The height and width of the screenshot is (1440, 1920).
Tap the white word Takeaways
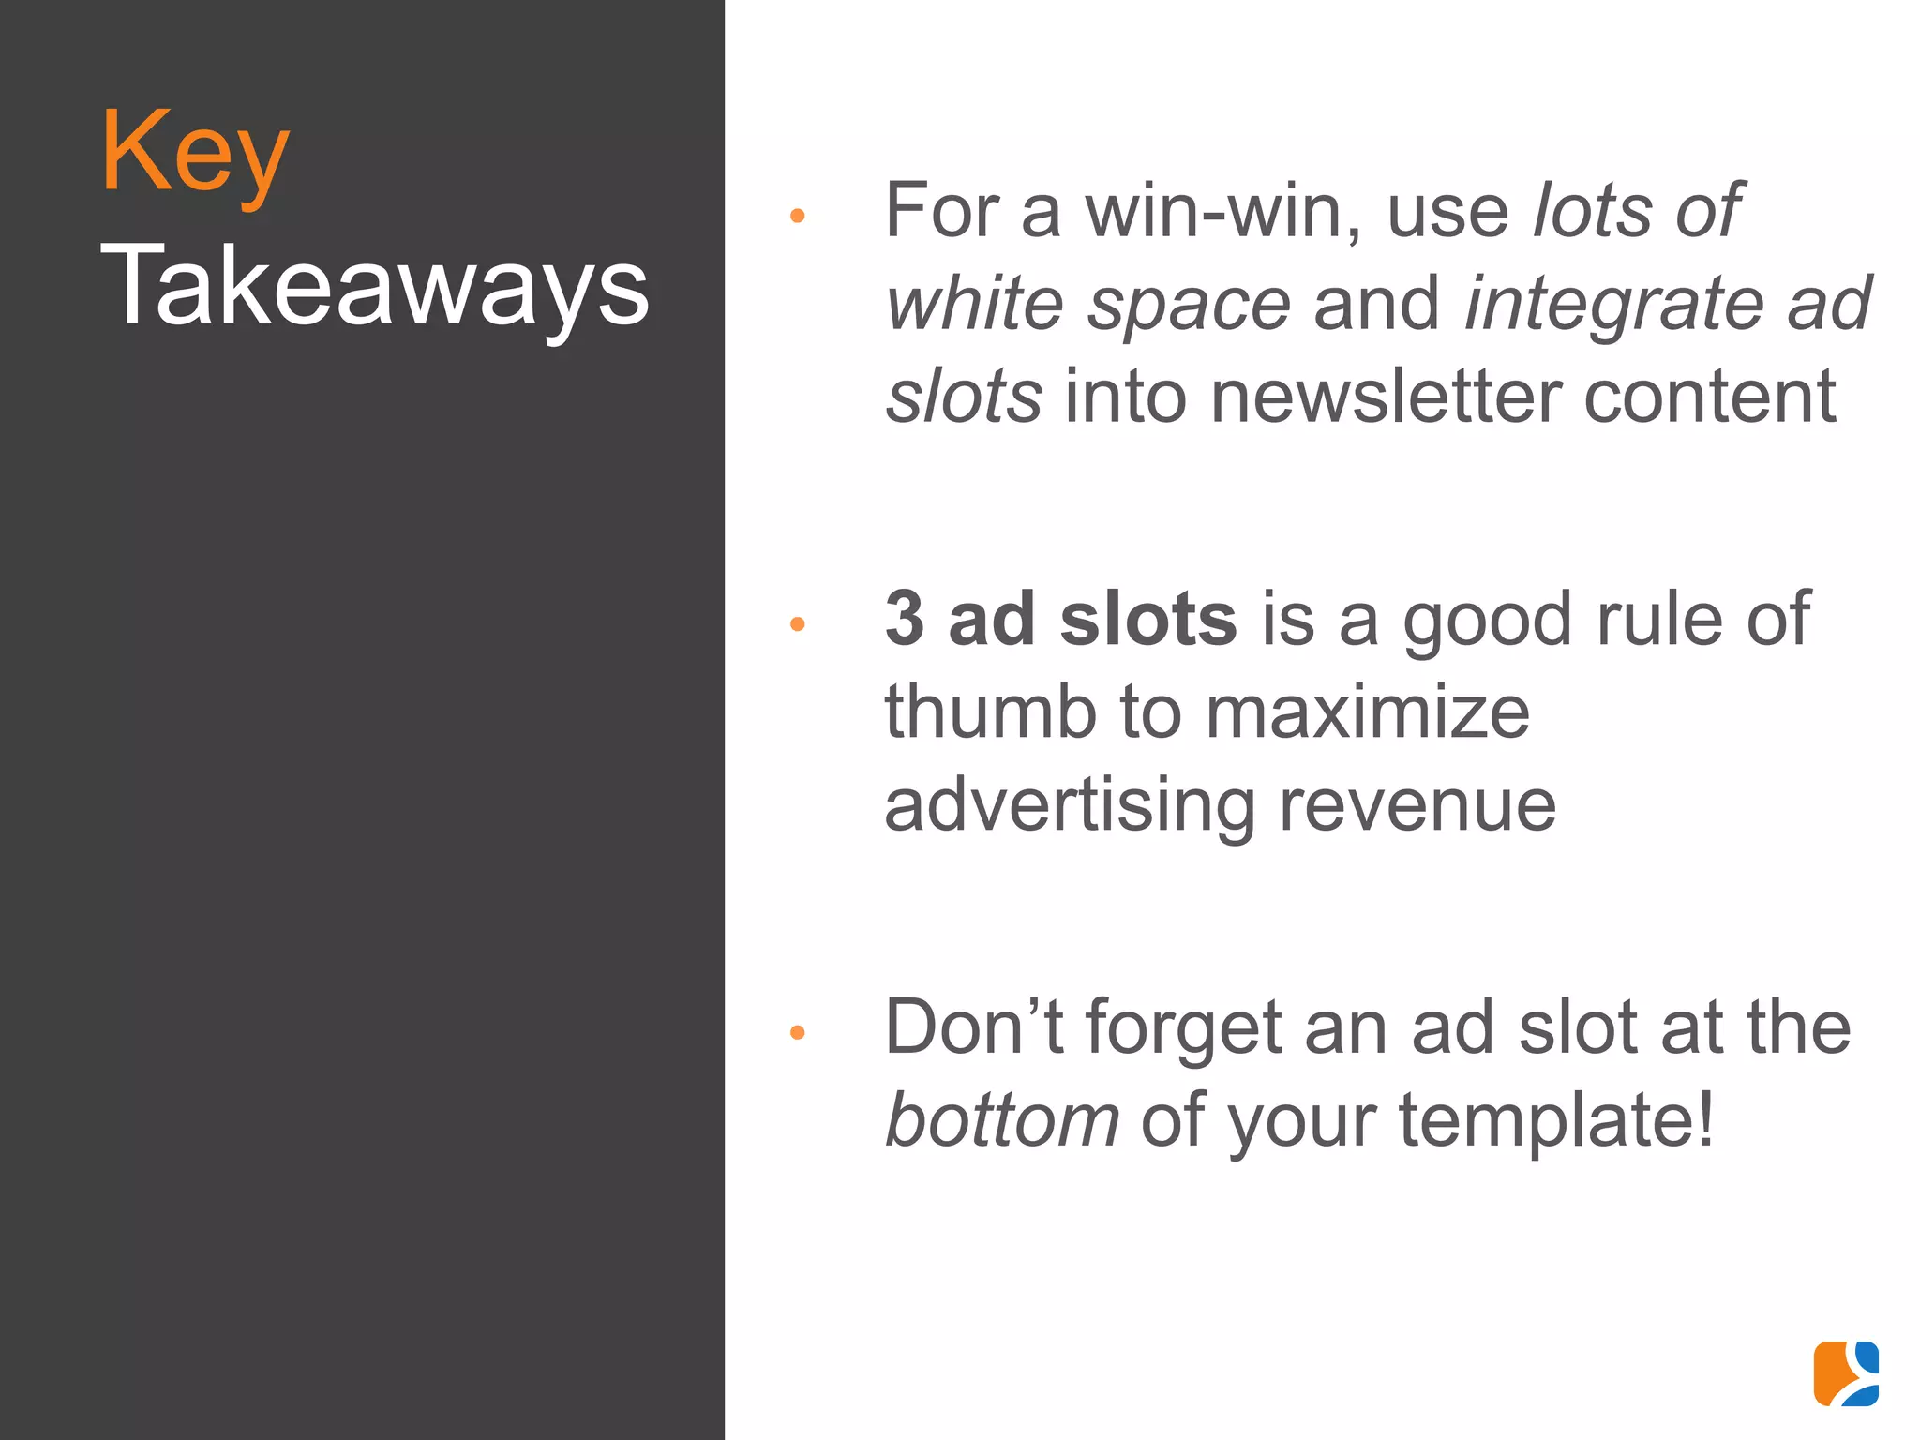pyautogui.click(x=374, y=287)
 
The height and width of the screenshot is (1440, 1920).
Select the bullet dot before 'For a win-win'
pyautogui.click(x=798, y=216)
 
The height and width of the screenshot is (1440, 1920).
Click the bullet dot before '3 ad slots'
pyautogui.click(x=798, y=623)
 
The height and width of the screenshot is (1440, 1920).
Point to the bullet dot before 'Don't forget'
pyautogui.click(x=798, y=1032)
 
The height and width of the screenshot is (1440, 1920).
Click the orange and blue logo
pyautogui.click(x=1846, y=1373)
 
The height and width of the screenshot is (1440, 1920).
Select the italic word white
pyautogui.click(x=975, y=305)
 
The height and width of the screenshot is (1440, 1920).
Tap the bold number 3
pyautogui.click(x=905, y=620)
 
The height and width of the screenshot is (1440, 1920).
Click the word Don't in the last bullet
pyautogui.click(x=974, y=1028)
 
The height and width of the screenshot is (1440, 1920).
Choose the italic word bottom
pyautogui.click(x=1002, y=1120)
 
